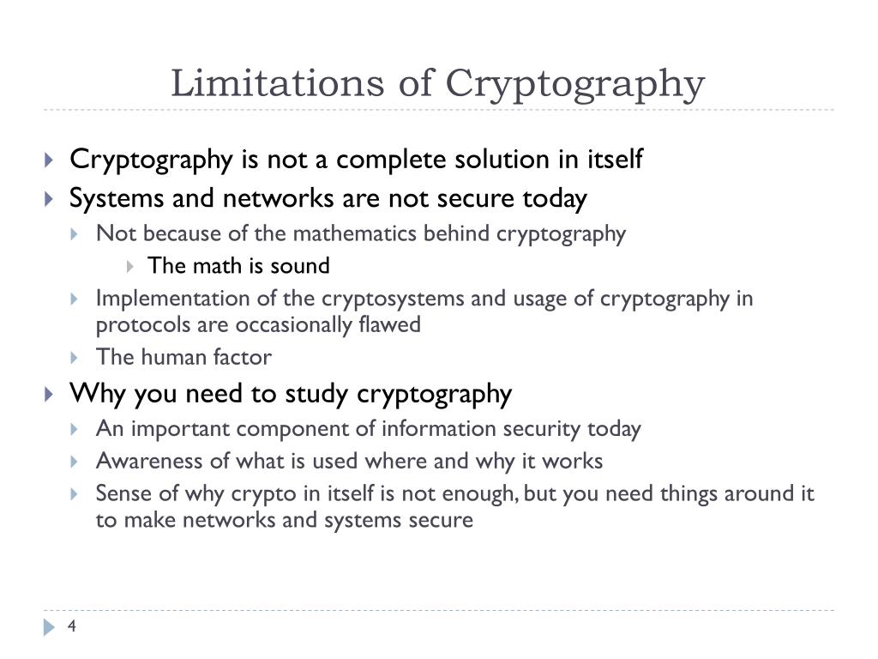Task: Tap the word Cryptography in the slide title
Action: (x=574, y=85)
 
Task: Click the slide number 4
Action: (x=72, y=626)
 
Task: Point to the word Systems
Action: (x=117, y=199)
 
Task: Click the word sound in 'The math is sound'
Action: (x=300, y=266)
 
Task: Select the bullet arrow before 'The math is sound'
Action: (x=130, y=267)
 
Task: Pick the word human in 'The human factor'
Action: (x=173, y=358)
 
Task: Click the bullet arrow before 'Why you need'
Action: (x=49, y=395)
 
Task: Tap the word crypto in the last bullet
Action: (x=263, y=494)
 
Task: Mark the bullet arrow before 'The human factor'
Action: (x=74, y=358)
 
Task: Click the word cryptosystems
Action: (x=393, y=299)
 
